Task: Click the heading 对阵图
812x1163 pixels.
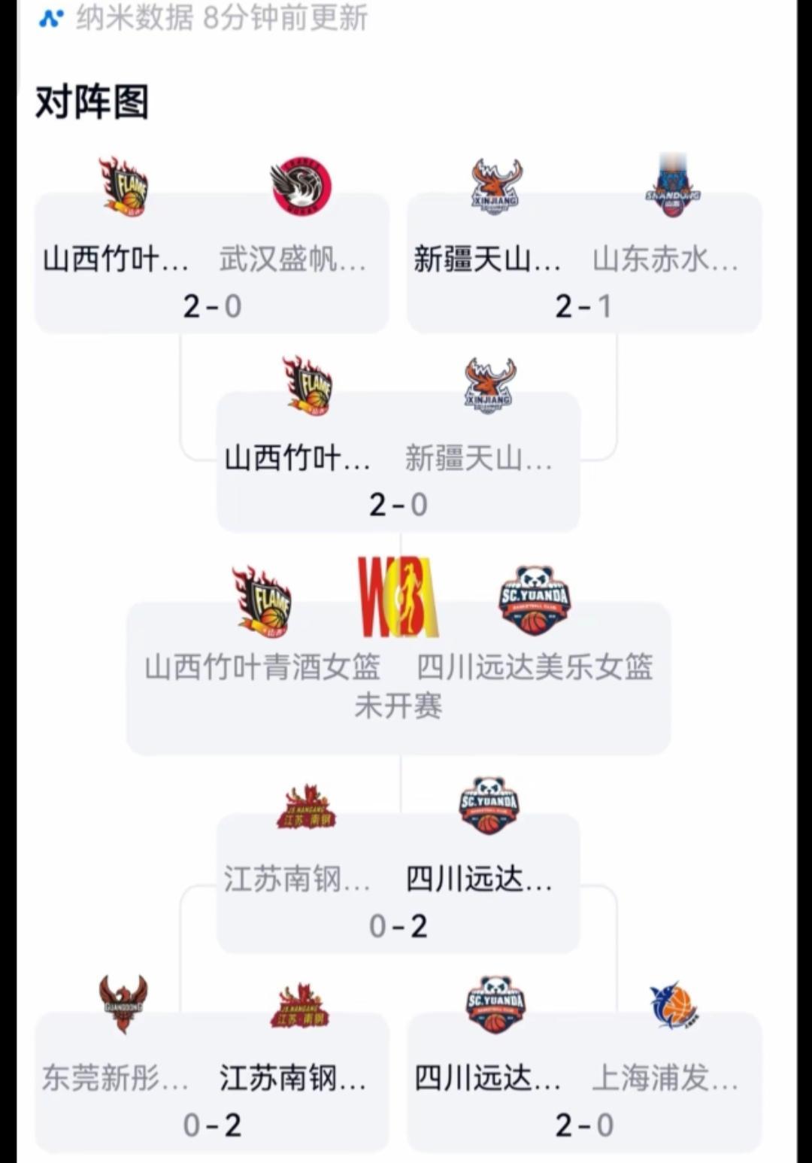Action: [x=92, y=102]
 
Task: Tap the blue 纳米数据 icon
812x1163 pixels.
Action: [x=51, y=17]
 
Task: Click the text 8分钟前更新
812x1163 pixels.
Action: [x=285, y=17]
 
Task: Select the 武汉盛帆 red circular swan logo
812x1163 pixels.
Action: [x=301, y=187]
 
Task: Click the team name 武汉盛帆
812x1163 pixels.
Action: [x=292, y=260]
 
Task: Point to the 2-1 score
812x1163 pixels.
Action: [x=583, y=306]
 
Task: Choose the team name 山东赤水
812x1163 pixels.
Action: [x=665, y=260]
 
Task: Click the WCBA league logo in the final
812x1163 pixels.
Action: [x=398, y=597]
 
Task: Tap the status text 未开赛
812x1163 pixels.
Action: [x=398, y=706]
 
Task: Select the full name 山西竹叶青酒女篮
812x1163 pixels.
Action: [x=262, y=667]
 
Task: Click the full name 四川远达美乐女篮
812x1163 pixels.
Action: [x=535, y=667]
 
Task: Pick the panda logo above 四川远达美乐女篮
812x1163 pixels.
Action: [x=535, y=600]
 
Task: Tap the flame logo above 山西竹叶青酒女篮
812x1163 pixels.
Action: [x=262, y=601]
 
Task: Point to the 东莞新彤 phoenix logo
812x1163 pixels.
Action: [x=123, y=1003]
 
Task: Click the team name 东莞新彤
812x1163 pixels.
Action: [x=115, y=1078]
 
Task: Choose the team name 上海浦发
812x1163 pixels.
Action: [x=665, y=1078]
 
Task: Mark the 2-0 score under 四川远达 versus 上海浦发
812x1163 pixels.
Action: [x=583, y=1125]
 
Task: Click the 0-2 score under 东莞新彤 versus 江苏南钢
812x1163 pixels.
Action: [x=212, y=1125]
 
